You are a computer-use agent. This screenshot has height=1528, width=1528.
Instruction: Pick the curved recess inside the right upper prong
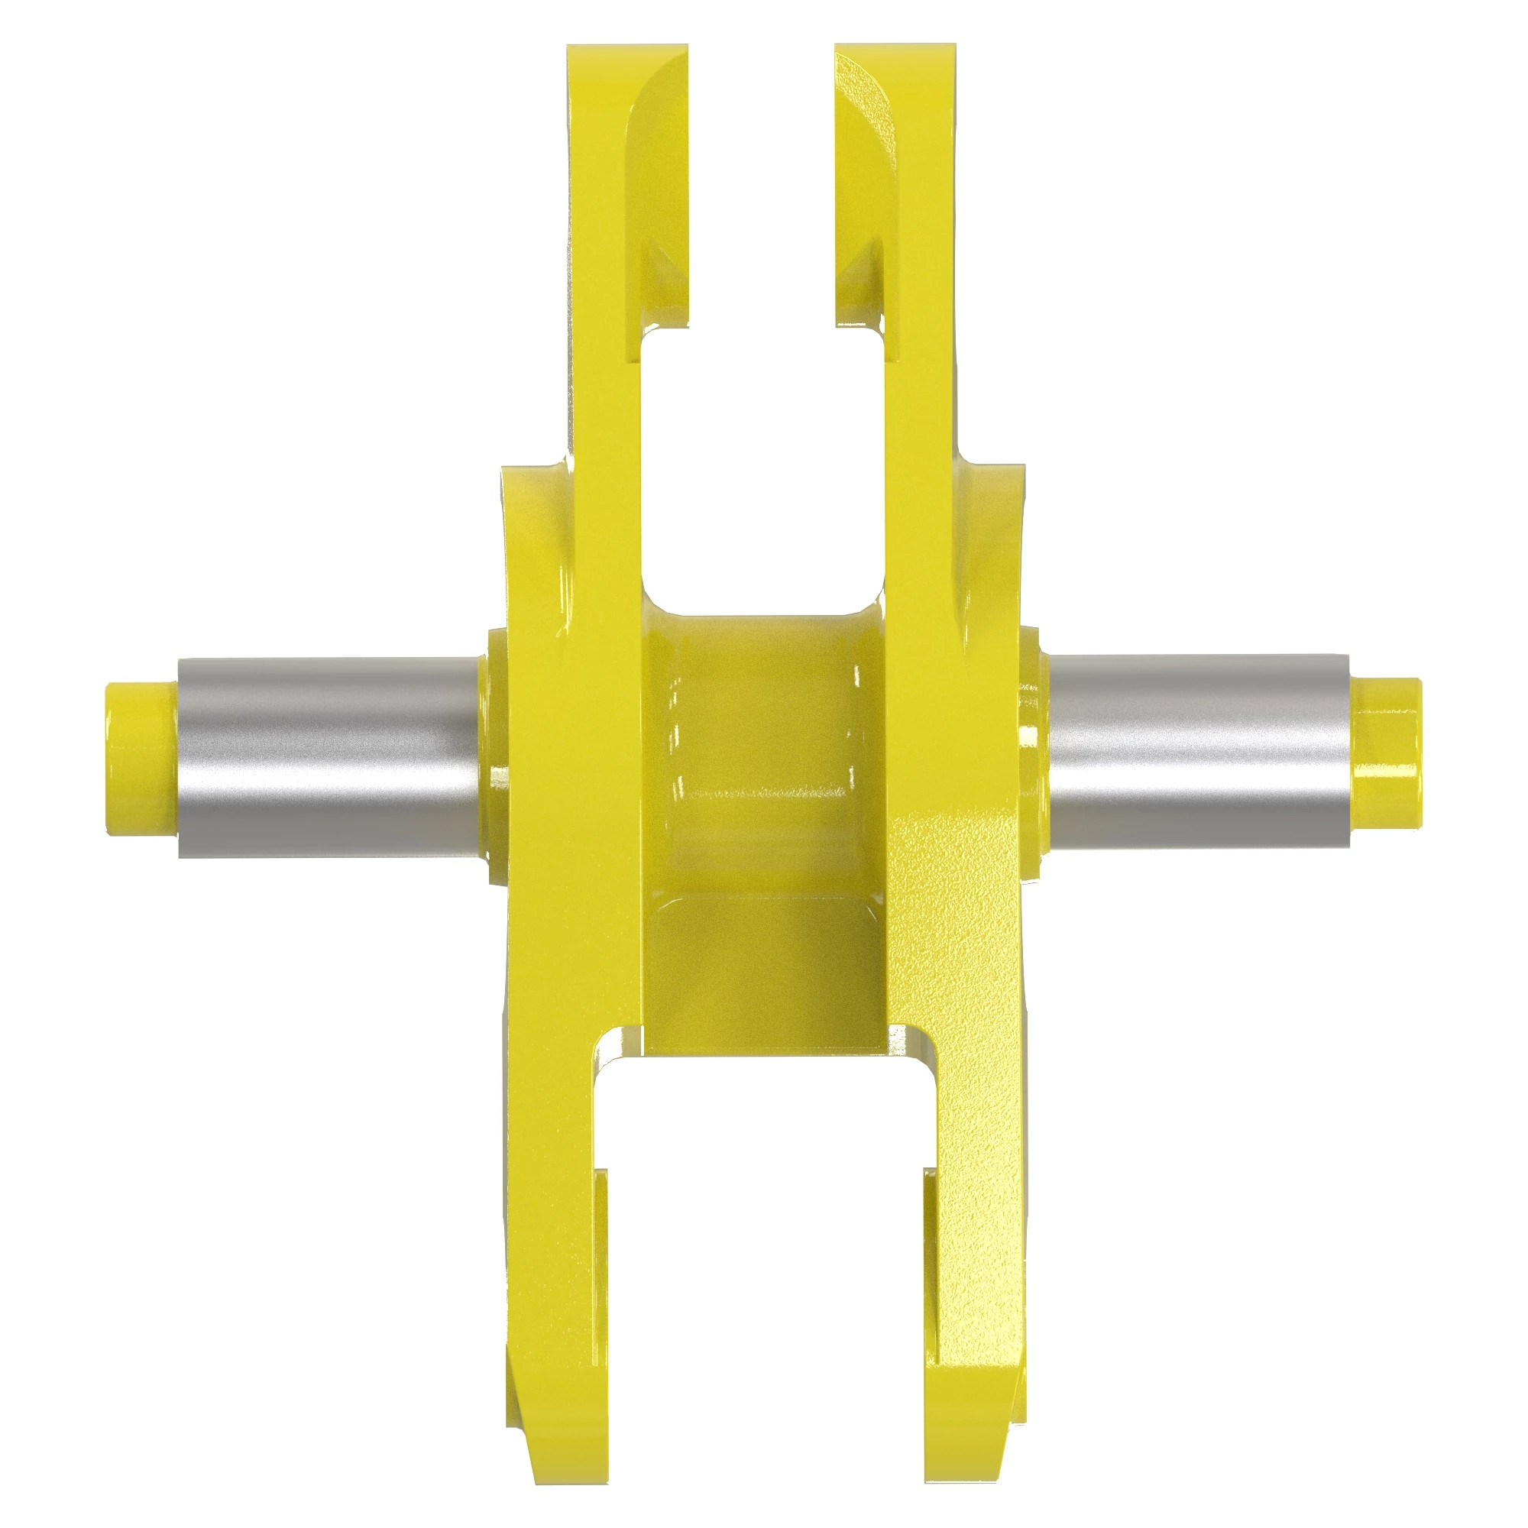click(x=866, y=198)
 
